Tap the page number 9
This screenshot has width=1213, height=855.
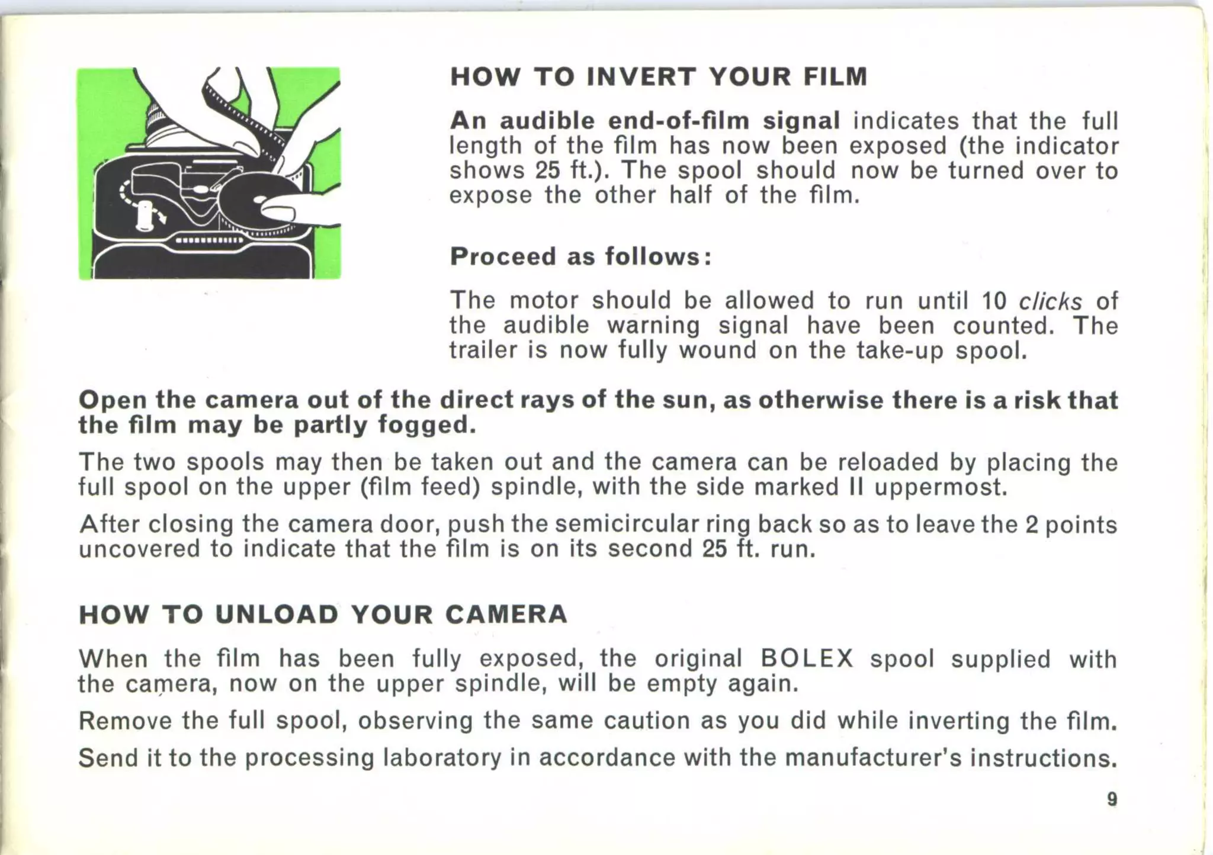click(1112, 799)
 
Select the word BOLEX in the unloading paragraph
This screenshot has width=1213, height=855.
click(807, 658)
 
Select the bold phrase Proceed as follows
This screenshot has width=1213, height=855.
click(580, 256)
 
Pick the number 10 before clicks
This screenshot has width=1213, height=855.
click(994, 301)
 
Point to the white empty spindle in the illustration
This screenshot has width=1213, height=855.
click(143, 214)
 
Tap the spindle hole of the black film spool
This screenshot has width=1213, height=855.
click(259, 201)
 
